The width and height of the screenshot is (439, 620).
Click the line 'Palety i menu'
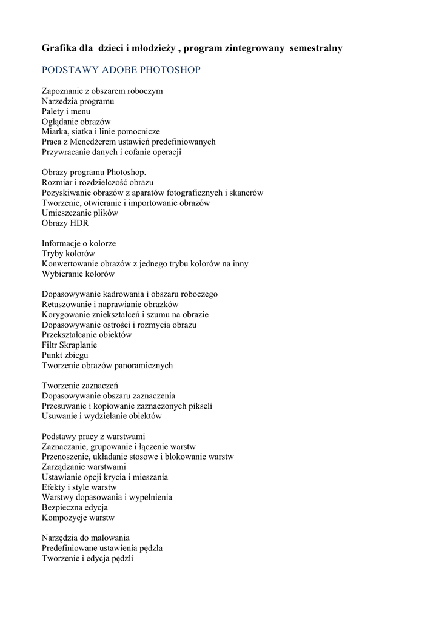pos(65,111)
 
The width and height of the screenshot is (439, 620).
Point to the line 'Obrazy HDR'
pos(65,223)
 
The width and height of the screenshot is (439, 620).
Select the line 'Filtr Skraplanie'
pos(69,345)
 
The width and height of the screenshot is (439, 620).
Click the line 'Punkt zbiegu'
pos(65,355)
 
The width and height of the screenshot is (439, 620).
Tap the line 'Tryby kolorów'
pos(68,253)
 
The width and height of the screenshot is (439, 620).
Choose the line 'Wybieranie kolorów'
pos(78,274)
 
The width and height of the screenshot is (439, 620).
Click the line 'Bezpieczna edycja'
pos(75,507)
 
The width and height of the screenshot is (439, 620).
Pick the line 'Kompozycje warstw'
pos(78,518)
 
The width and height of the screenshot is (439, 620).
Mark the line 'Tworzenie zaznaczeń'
pos(79,385)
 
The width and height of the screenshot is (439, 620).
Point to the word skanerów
pos(246,193)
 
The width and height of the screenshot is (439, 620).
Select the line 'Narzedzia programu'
pos(78,101)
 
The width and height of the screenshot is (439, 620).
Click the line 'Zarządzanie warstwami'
pos(84,467)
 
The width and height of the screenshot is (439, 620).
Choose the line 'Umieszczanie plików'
pos(79,213)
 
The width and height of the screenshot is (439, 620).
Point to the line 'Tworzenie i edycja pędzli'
pos(87,558)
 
